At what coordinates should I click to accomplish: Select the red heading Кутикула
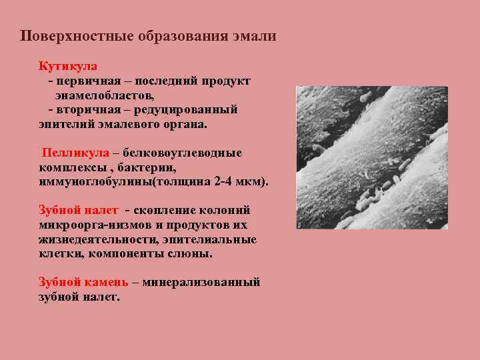(x=68, y=67)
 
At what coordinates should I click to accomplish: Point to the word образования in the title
(x=168, y=36)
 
